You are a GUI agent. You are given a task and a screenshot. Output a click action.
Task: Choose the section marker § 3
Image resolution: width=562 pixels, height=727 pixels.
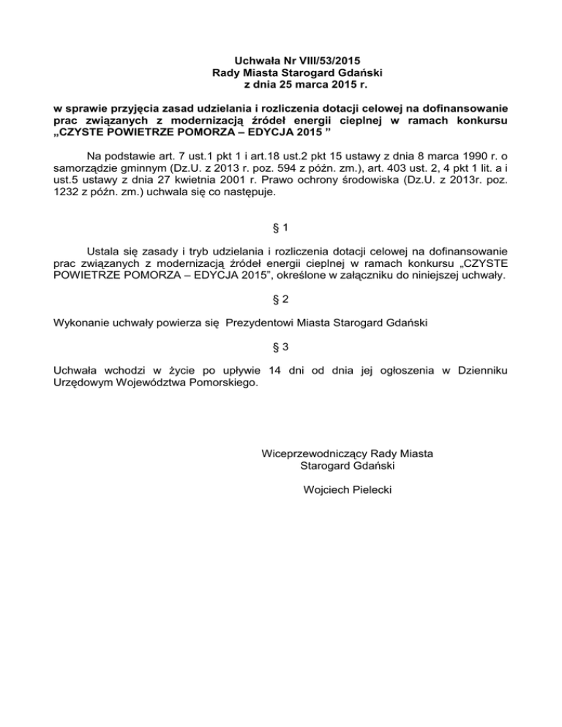pyautogui.click(x=280, y=347)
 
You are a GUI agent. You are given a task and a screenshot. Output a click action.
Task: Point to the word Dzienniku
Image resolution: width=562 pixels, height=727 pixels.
pyautogui.click(x=481, y=372)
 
